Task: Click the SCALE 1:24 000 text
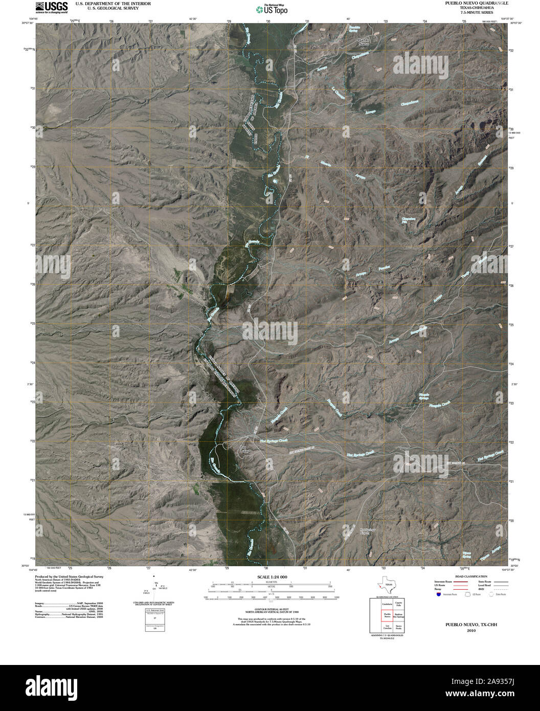tap(269, 577)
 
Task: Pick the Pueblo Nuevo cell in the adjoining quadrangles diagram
tap(387, 616)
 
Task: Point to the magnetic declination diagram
tap(155, 589)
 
